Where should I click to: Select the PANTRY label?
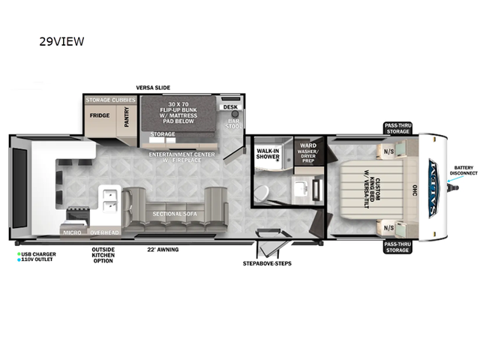pos(127,117)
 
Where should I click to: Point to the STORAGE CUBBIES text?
pos(111,99)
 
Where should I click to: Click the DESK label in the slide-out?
pos(230,106)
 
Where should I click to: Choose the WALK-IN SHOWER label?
pos(268,154)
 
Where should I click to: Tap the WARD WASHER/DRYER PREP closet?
pos(307,153)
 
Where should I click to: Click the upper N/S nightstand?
pos(389,149)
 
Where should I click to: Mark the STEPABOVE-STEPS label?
pos(267,263)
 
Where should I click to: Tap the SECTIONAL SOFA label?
pos(175,214)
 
